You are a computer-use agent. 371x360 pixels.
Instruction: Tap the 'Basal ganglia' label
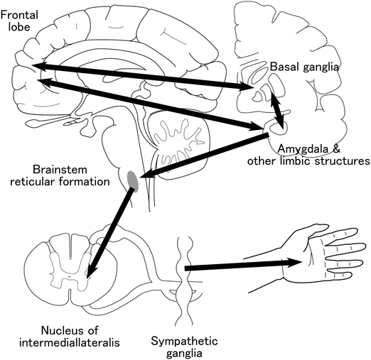pyautogui.click(x=305, y=66)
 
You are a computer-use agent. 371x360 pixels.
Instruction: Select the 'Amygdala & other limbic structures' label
pyautogui.click(x=308, y=154)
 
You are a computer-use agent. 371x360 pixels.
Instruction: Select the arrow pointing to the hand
pyautogui.click(x=242, y=265)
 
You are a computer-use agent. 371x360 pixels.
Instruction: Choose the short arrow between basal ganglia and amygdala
pyautogui.click(x=278, y=110)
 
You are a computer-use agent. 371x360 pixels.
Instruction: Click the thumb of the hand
pyautogui.click(x=306, y=234)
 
